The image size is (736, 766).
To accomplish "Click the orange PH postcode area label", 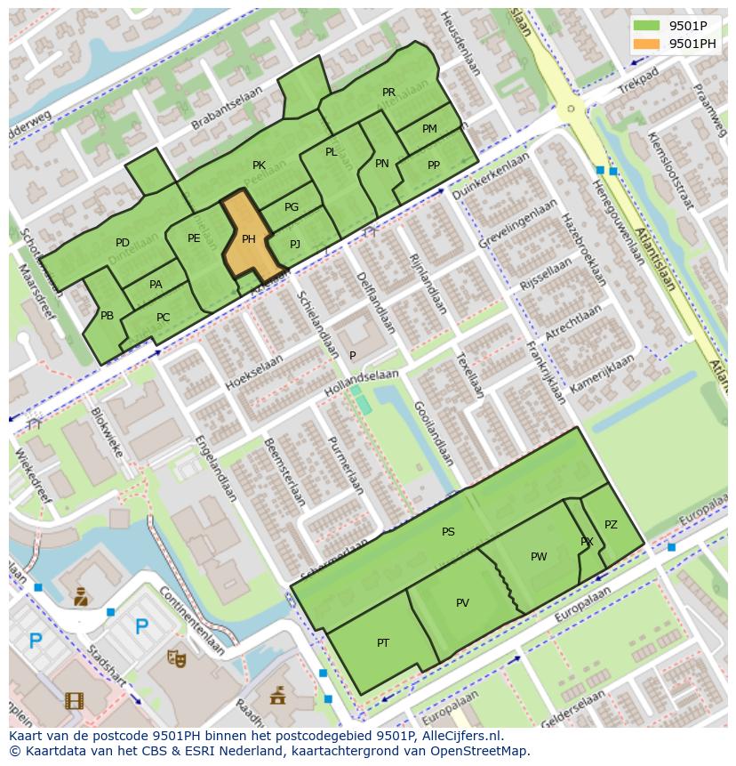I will [x=249, y=238].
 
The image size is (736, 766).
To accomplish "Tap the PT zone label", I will [x=383, y=643].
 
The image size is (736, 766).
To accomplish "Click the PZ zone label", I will [x=611, y=525].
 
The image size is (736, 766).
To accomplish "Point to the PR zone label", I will [x=388, y=93].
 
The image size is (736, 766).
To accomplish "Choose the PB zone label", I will [x=107, y=316].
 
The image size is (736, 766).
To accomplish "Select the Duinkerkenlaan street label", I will [x=491, y=175].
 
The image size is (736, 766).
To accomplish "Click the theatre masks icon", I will [x=176, y=657].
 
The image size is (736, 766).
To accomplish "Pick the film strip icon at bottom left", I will [x=74, y=700].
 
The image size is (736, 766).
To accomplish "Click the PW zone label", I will [x=539, y=557].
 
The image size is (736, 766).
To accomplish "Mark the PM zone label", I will [x=429, y=129].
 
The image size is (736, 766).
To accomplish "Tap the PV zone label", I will [x=462, y=603].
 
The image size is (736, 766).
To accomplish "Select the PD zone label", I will [x=123, y=243].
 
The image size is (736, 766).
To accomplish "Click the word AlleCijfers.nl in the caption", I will [x=461, y=736].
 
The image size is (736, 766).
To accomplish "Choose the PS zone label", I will [x=448, y=532].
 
